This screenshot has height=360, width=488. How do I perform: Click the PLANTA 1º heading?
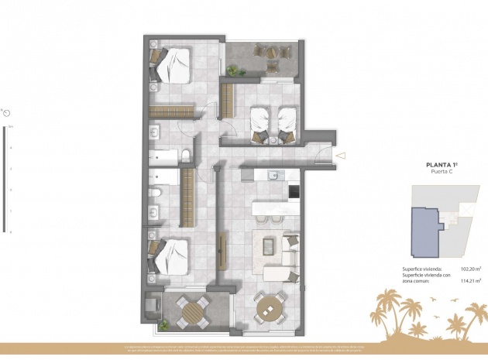tap(444, 164)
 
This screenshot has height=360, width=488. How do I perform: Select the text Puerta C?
tap(444, 173)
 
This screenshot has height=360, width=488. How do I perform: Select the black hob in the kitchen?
tap(294, 190)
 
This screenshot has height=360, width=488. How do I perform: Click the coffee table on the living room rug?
tap(268, 246)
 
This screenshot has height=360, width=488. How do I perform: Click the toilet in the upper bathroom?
tap(187, 157)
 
